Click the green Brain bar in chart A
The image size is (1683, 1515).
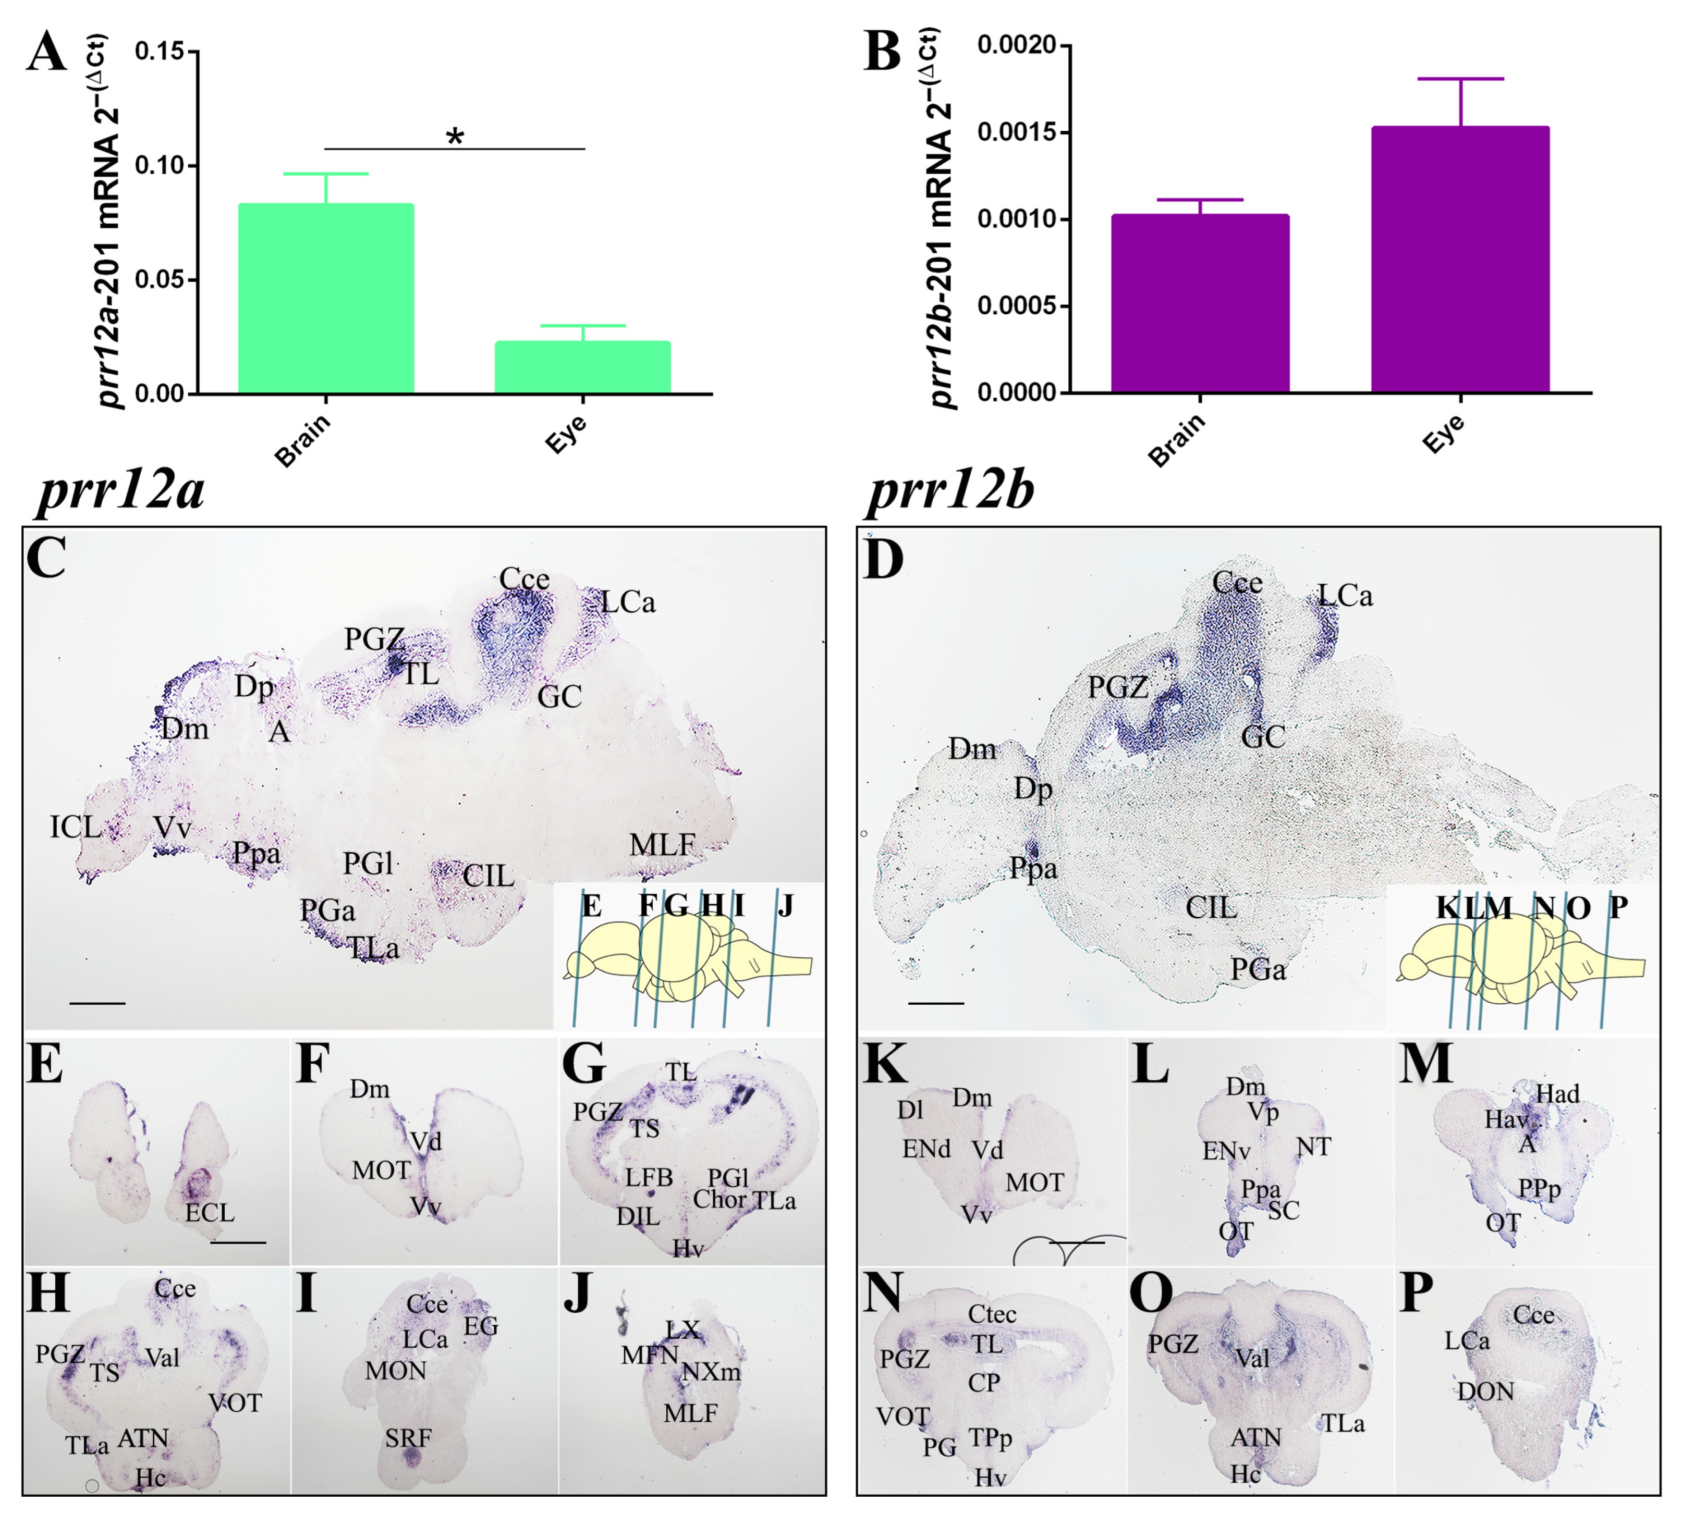click(x=326, y=298)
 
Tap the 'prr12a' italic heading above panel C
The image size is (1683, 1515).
click(x=121, y=489)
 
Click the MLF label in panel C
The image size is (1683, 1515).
click(x=662, y=845)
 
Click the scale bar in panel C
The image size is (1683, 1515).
click(x=97, y=1003)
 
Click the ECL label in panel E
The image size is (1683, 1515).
click(x=210, y=1212)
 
